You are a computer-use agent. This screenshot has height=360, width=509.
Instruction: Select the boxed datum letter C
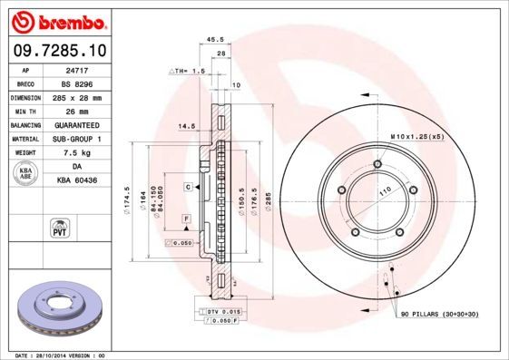(188, 186)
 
